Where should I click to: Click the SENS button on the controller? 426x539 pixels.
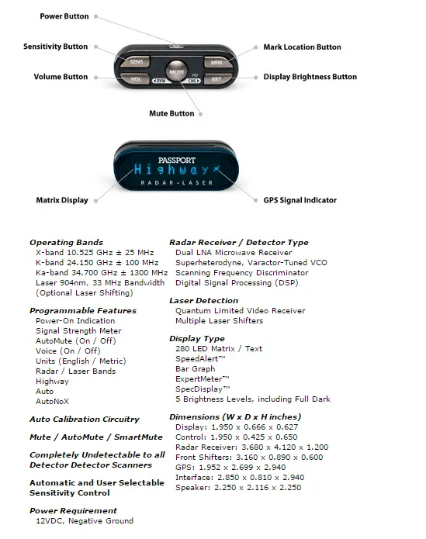136,61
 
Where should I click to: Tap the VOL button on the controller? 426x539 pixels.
135,79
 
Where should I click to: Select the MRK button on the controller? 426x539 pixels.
217,62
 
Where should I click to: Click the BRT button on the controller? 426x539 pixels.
216,79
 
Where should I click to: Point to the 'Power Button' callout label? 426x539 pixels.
64,16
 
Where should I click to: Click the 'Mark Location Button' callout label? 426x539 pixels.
302,47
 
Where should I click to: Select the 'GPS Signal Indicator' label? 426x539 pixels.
300,200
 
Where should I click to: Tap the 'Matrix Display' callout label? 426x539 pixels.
62,200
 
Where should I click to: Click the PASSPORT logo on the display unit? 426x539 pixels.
177,161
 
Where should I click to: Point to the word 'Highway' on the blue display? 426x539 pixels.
171,170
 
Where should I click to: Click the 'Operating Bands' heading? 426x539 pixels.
67,242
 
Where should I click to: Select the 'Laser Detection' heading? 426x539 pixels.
203,300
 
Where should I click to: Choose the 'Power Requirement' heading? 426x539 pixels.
73,510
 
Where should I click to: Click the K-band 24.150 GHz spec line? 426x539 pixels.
97,263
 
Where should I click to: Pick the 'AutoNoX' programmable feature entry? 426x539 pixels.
52,401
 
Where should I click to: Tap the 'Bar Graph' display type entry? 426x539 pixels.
196,369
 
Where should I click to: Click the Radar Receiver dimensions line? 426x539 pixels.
251,447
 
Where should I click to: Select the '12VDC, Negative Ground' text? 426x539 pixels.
85,521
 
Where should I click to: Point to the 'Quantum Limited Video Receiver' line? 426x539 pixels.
241,311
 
